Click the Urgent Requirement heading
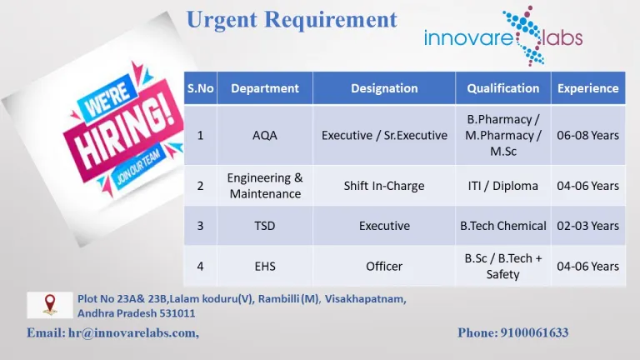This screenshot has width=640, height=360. tap(292, 20)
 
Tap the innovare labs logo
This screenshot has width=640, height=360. tap(503, 37)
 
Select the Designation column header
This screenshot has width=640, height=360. tap(384, 88)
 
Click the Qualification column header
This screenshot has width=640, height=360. tap(502, 88)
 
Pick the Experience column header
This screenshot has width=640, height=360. tap(587, 88)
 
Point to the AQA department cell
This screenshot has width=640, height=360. tap(265, 136)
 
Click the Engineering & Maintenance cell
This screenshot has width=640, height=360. tap(265, 186)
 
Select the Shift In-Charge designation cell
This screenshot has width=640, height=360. tap(384, 186)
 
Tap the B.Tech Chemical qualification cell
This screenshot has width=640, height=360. tap(502, 226)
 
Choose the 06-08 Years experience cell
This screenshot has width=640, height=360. tap(587, 136)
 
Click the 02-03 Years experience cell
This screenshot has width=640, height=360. tap(587, 226)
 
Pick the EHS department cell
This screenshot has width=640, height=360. tap(265, 266)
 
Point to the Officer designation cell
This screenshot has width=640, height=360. tap(384, 266)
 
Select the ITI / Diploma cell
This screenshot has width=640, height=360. tap(502, 186)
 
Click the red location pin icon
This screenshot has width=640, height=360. tap(50, 304)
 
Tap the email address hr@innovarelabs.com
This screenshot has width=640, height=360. tap(133, 333)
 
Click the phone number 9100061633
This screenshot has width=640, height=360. tap(534, 332)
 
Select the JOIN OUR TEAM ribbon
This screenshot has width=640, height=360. tap(139, 167)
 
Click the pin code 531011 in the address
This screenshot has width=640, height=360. tap(177, 313)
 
